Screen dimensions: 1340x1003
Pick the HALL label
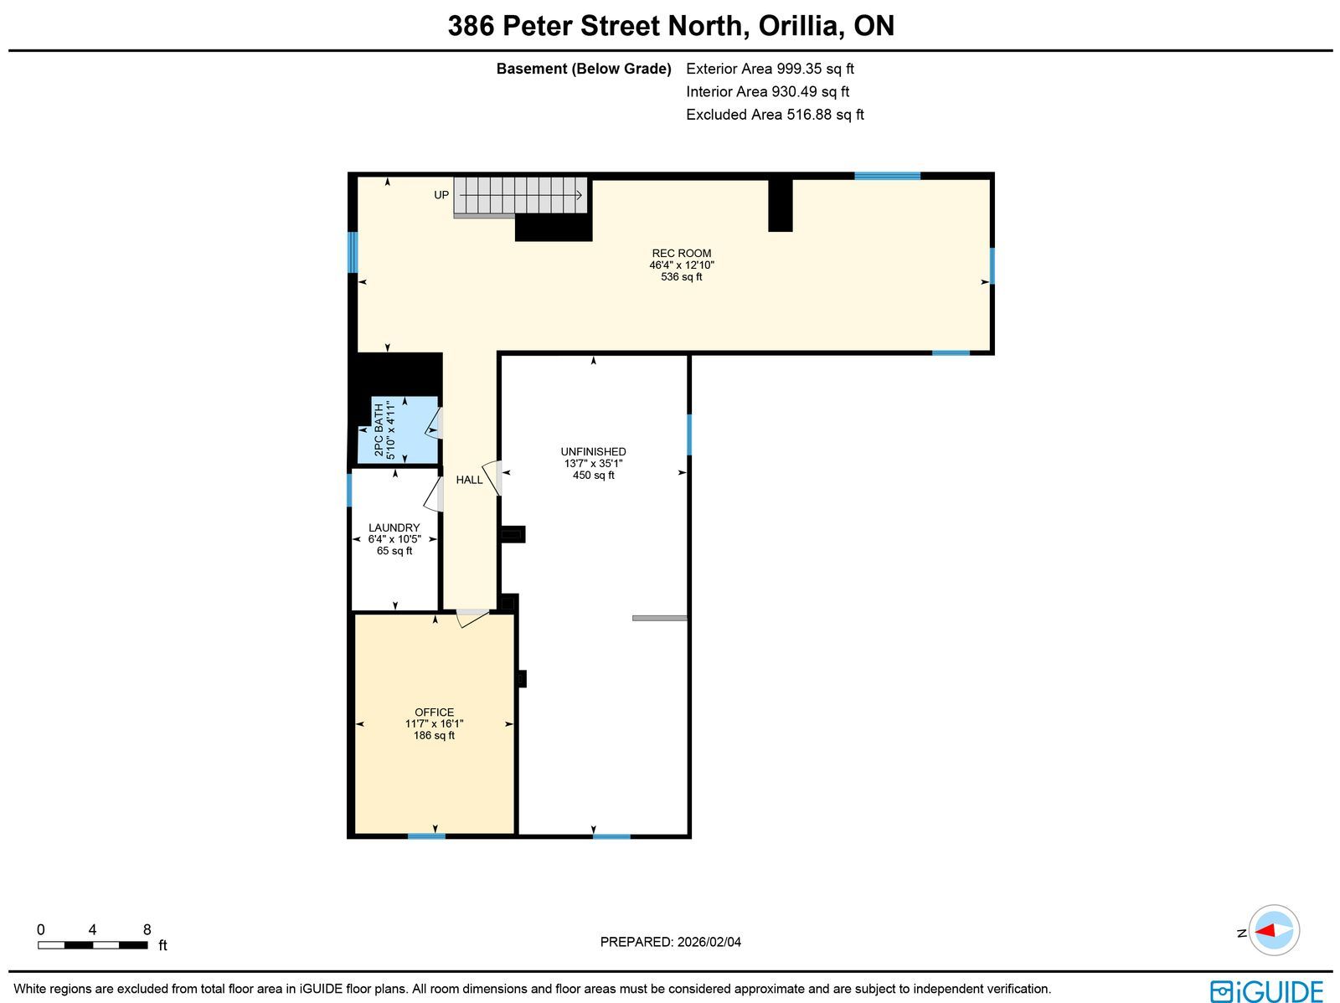pos(470,480)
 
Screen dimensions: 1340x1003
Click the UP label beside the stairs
pos(441,195)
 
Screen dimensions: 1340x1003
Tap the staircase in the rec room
pos(521,196)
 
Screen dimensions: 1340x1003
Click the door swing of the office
pos(472,618)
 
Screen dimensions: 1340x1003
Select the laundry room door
pos(434,494)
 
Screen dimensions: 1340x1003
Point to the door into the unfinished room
pos(492,478)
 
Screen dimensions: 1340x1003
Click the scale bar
pos(93,945)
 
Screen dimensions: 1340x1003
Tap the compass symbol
pos(1274,930)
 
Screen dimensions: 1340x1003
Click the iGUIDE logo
pos(1266,990)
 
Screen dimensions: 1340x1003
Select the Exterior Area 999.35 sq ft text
pos(770,69)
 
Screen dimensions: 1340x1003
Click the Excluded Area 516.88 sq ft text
pos(775,115)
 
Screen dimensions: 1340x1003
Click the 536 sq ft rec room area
pos(681,277)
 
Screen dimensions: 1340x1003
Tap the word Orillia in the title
pos(801,26)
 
